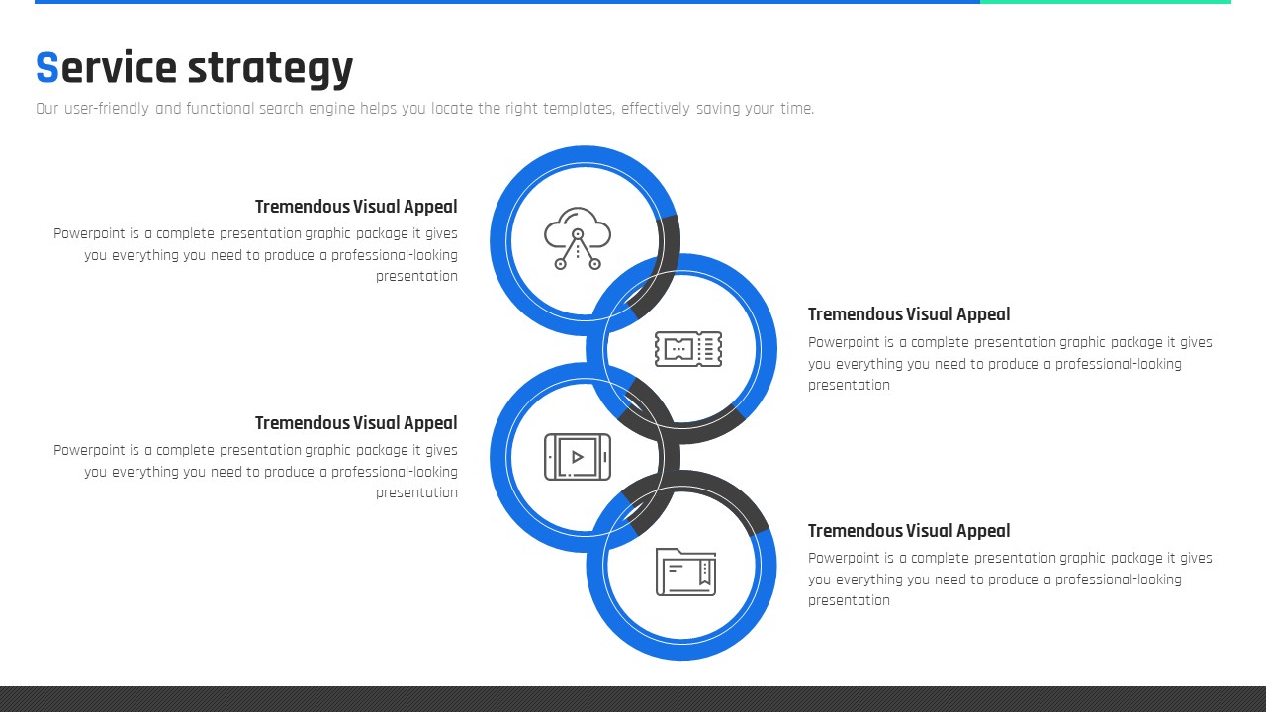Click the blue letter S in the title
46,67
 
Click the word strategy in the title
270,69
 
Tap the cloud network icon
577,238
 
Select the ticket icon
687,349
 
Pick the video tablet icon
577,457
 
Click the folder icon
685,572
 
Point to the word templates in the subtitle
579,109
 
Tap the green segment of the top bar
1106,2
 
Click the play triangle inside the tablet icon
577,457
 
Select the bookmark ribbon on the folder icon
705,573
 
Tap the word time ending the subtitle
797,109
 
